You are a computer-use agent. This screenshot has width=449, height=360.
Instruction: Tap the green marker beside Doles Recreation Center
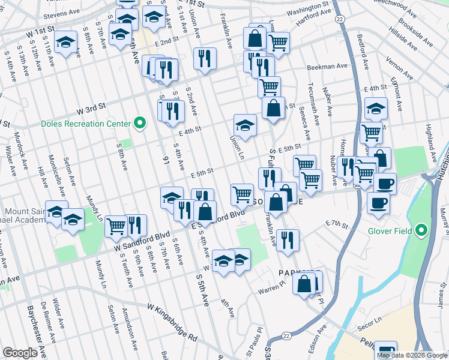[x=140, y=124]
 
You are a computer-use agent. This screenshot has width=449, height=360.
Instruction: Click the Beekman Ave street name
[x=328, y=67]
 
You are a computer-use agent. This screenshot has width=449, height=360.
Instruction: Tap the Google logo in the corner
[x=20, y=353]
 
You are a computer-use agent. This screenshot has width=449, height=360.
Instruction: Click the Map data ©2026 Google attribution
[x=412, y=355]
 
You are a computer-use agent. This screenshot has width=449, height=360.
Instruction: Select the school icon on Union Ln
[x=245, y=125]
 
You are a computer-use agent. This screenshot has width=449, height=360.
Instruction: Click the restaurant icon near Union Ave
[x=205, y=58]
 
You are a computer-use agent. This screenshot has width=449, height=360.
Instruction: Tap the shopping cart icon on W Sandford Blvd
[x=116, y=226]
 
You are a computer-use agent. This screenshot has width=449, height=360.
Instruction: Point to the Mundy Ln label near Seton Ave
[x=93, y=208]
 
